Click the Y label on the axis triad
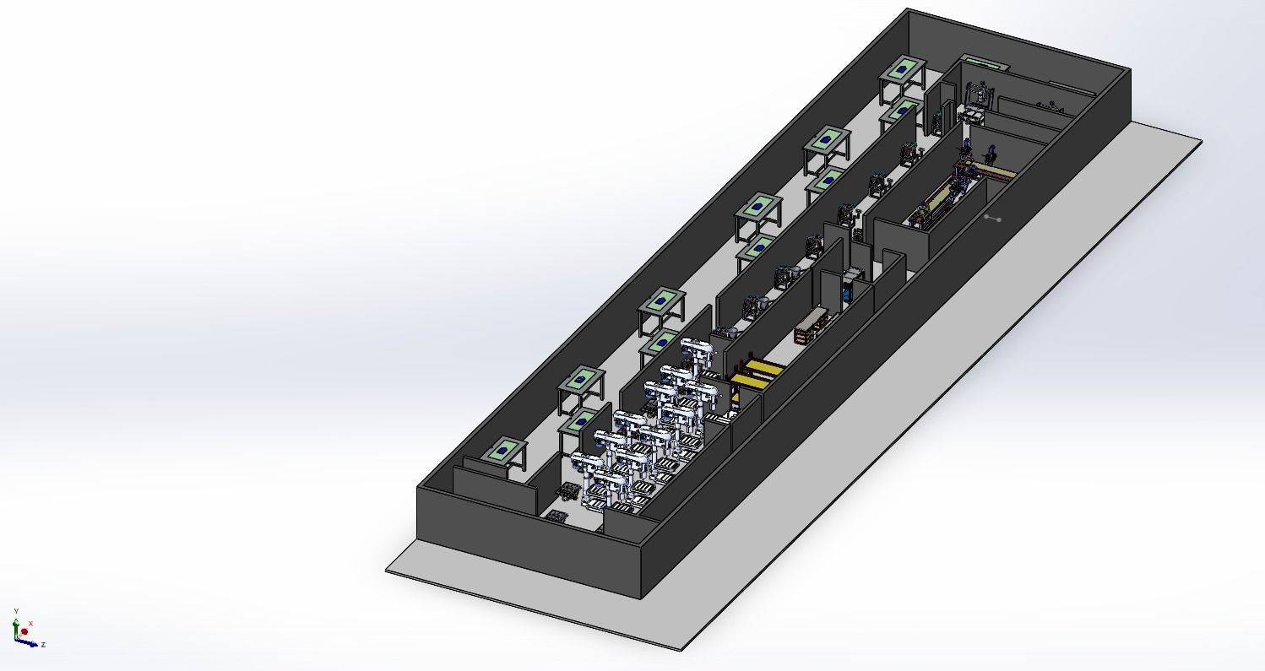click(16, 611)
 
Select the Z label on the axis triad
click(43, 645)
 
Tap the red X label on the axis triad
click(31, 624)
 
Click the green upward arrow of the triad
click(15, 625)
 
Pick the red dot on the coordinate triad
click(24, 631)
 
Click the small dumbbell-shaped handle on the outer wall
click(992, 218)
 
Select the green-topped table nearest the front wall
click(504, 451)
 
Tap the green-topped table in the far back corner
click(903, 68)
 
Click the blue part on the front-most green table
click(504, 451)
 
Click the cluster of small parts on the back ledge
click(1051, 105)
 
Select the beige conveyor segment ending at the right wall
click(996, 174)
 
